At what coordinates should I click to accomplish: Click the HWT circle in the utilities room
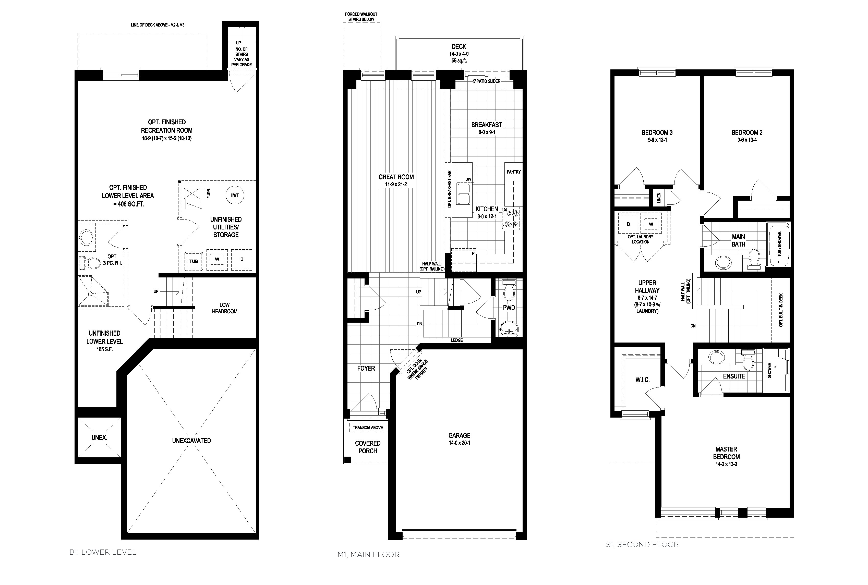tap(234, 195)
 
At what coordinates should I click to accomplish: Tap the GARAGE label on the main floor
tap(459, 435)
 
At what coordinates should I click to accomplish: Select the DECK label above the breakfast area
tap(459, 47)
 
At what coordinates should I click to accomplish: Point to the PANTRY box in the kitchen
tap(513, 172)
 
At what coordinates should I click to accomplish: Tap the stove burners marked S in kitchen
tap(512, 219)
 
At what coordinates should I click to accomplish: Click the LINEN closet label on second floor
tap(659, 198)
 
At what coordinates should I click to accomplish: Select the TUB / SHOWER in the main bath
tap(778, 244)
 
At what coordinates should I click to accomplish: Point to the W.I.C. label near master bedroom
tap(642, 380)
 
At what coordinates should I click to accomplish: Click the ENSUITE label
tap(734, 376)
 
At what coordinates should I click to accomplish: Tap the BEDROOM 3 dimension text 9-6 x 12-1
tap(657, 140)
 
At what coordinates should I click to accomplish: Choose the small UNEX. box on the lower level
tap(99, 437)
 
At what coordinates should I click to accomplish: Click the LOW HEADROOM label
tap(224, 308)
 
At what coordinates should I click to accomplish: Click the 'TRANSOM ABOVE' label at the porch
tap(368, 428)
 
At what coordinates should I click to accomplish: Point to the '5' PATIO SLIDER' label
tap(486, 81)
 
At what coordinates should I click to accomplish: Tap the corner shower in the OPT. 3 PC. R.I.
tap(92, 291)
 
